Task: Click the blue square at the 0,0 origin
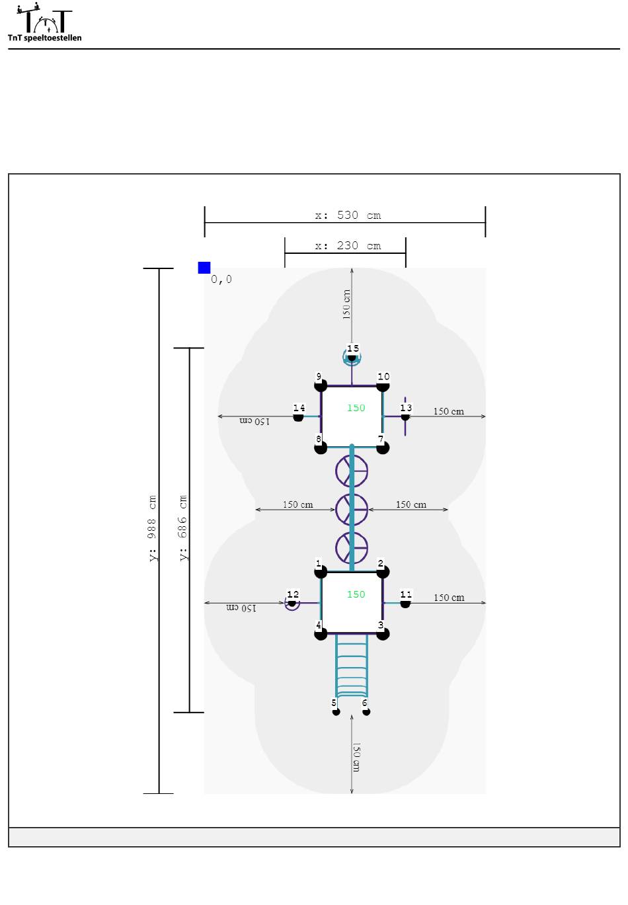click(204, 268)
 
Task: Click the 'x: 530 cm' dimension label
click(348, 215)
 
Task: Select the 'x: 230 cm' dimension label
click(348, 246)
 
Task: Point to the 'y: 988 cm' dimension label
click(152, 528)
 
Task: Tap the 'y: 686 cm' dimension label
click(183, 528)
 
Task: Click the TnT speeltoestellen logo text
click(44, 38)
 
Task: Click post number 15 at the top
click(352, 358)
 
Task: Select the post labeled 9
click(321, 386)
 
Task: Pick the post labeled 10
click(383, 386)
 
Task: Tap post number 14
click(298, 417)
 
